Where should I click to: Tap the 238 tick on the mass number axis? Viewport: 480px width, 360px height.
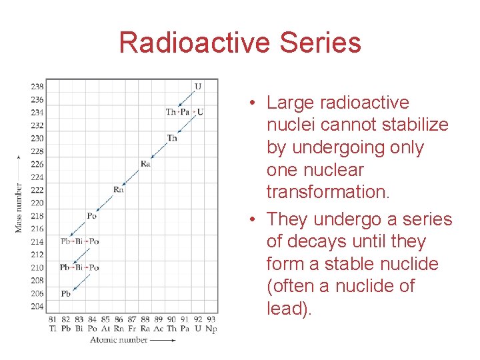coord(37,86)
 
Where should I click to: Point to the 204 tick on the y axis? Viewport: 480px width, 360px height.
coord(37,306)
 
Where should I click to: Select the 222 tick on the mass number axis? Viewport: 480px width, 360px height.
coord(37,189)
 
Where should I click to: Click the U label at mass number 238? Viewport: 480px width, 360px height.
coord(197,86)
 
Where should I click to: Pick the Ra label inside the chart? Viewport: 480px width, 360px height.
coord(145,164)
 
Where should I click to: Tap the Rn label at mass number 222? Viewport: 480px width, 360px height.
coord(119,189)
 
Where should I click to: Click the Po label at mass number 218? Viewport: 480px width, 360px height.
coord(92,215)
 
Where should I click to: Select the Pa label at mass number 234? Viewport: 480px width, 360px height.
coord(185,112)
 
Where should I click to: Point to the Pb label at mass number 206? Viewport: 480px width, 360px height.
coord(65,293)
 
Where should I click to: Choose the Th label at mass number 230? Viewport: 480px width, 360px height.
coord(172,138)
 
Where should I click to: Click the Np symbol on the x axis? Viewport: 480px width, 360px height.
coord(211,328)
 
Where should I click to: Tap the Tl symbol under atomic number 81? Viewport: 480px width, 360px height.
coord(53,328)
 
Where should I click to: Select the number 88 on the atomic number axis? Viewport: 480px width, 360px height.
coord(145,319)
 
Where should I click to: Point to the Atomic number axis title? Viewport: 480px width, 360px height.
coord(121,340)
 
